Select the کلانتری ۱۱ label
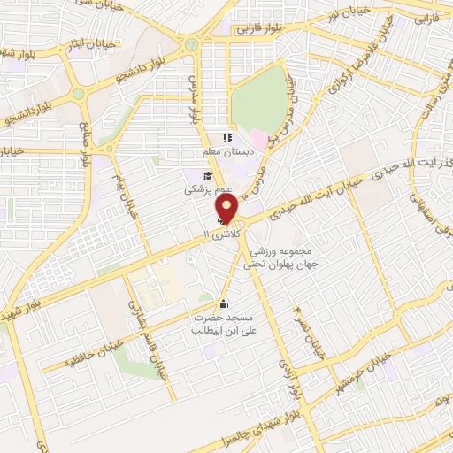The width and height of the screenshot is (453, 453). pyautogui.click(x=221, y=236)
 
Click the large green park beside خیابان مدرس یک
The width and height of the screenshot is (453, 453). pyautogui.click(x=259, y=100)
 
